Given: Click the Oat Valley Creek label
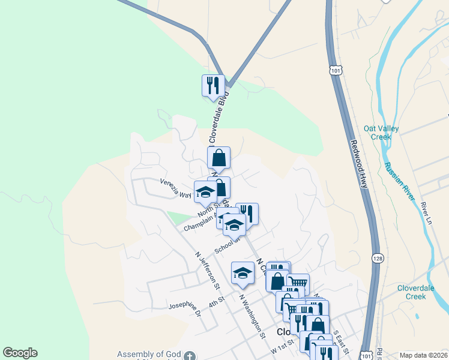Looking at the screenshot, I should [377, 132].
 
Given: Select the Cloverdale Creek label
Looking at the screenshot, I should [420, 292].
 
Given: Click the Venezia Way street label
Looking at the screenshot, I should [175, 187].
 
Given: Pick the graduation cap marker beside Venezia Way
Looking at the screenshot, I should [205, 192].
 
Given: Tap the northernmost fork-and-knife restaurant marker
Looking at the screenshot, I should [212, 86].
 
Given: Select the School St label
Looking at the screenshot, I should [227, 245].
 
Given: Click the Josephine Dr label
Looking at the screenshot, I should [184, 307].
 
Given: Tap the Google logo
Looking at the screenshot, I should [20, 353].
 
